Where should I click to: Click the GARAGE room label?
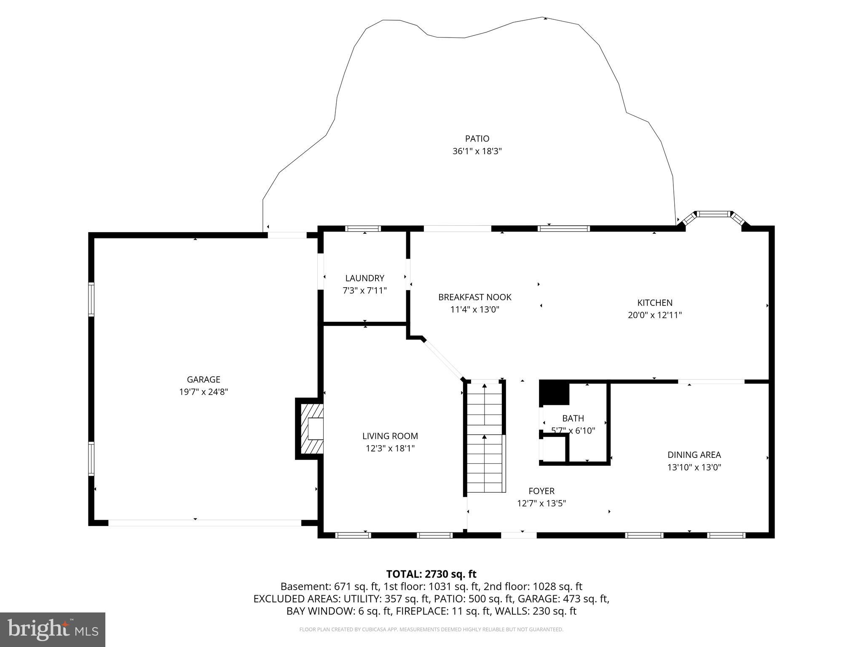(204, 380)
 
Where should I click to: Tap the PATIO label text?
(477, 139)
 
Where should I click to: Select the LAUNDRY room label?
(364, 278)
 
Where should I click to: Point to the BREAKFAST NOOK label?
(475, 297)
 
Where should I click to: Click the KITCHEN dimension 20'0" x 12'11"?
(655, 315)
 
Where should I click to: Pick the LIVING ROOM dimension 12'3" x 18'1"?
(390, 449)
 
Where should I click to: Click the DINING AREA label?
(694, 455)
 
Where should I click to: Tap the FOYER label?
(541, 491)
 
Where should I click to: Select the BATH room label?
(573, 418)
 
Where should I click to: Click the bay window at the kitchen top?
(713, 218)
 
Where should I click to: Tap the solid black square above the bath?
(554, 393)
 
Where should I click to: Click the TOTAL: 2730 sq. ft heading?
(431, 574)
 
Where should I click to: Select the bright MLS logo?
(53, 629)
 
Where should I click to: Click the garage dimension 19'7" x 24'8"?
(204, 392)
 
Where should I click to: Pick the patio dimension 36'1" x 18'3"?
(477, 151)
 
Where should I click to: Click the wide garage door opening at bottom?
(205, 523)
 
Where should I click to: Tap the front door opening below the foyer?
(519, 535)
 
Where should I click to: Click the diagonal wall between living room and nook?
(444, 359)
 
